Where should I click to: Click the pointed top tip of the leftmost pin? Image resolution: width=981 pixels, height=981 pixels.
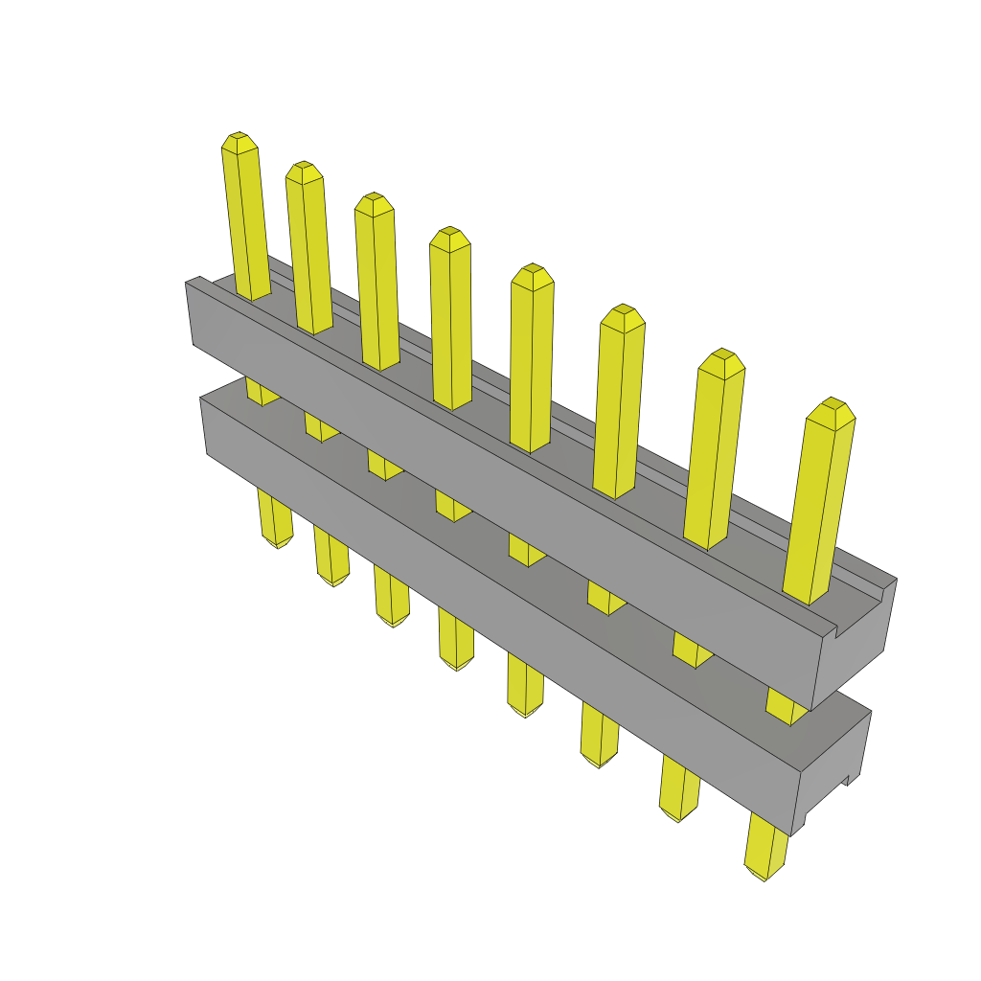pos(239,136)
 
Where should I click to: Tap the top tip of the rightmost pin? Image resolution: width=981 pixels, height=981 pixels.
pos(833,401)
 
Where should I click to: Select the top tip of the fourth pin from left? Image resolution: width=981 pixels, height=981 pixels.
pos(449,231)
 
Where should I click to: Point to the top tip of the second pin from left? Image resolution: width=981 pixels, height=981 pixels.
pos(304,165)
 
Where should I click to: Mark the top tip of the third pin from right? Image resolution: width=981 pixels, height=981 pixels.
pos(623,308)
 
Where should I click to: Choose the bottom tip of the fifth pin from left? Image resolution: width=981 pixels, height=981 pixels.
pos(525,713)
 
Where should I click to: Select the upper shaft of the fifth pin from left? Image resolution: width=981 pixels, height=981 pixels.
pos(531,364)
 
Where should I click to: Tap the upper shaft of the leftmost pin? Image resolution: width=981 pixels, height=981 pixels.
pos(245,220)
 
